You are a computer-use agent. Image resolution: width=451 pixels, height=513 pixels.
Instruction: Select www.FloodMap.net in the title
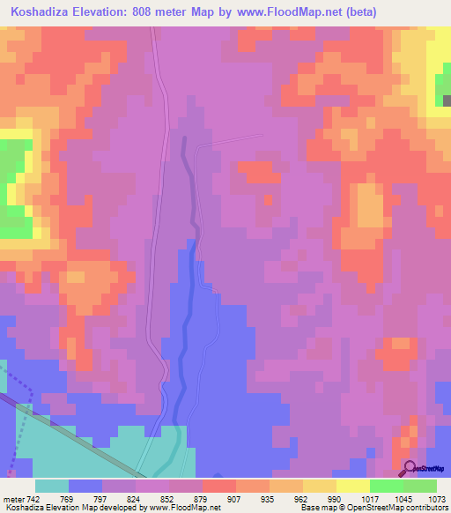click(x=291, y=11)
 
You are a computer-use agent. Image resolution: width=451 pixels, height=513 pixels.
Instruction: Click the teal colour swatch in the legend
click(x=52, y=486)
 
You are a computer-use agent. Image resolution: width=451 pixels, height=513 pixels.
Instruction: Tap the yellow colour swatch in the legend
click(x=352, y=486)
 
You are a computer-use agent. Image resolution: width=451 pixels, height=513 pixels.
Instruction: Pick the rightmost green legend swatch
click(x=419, y=486)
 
